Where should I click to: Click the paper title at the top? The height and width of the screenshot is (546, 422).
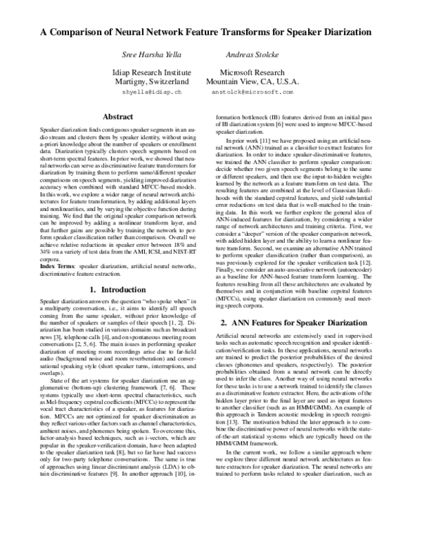[x=211, y=32]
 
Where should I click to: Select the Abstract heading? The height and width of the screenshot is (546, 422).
[x=118, y=116]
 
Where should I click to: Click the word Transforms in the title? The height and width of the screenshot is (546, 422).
[x=248, y=32]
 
